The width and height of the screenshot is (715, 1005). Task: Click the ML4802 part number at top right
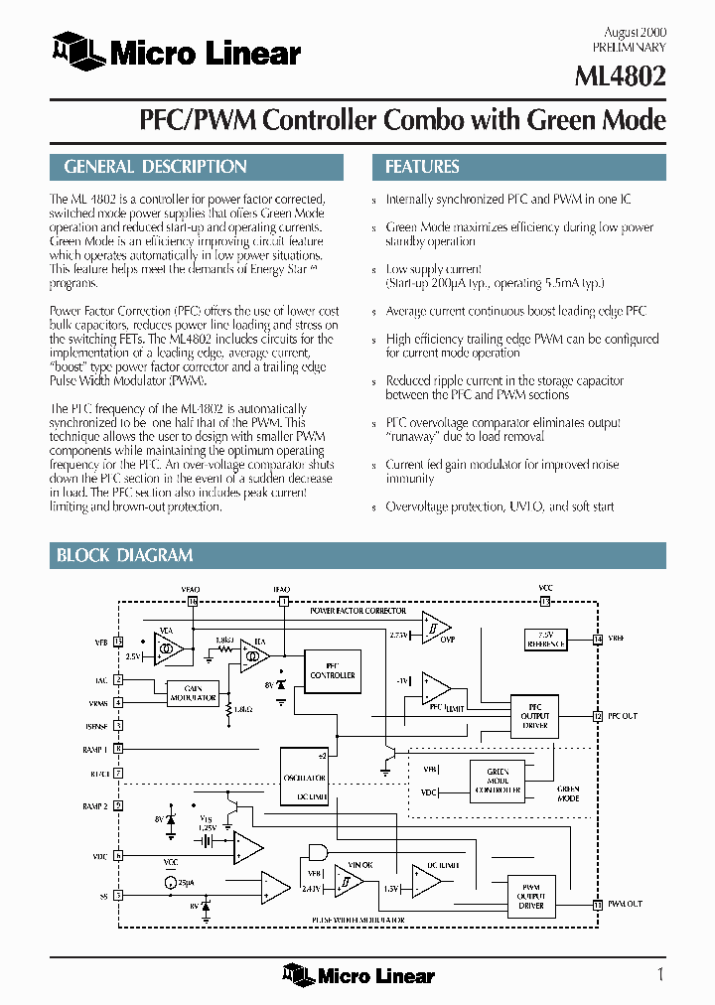point(621,75)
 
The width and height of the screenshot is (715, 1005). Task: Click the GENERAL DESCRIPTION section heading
point(155,167)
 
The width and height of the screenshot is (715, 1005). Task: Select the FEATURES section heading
point(422,167)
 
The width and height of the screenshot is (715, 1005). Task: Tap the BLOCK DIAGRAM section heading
point(124,555)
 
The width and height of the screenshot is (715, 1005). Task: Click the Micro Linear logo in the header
point(176,52)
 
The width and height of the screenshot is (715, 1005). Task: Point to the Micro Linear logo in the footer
point(358,975)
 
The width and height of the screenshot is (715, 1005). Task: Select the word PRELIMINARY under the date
point(630,47)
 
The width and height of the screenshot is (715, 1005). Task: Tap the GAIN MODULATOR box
point(192,694)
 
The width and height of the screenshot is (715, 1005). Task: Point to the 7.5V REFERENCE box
point(545,640)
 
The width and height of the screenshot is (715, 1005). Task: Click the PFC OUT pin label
point(623,716)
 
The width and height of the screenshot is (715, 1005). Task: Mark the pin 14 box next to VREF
point(597,640)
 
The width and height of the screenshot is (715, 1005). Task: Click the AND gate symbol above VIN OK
point(319,851)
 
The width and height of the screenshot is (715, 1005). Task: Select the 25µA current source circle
point(170,883)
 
